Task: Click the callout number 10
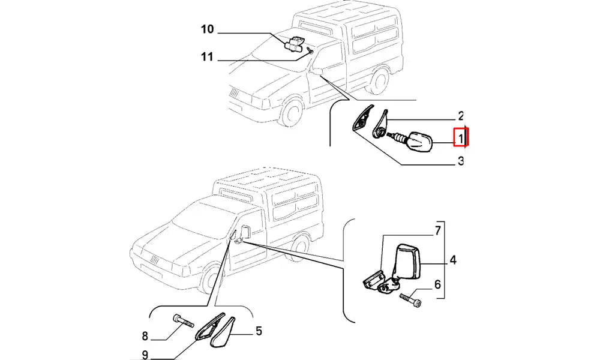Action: (207, 29)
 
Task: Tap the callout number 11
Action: (207, 58)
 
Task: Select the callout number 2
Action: (460, 116)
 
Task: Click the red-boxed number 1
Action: (461, 138)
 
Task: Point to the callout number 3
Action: (460, 161)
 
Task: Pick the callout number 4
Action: (453, 260)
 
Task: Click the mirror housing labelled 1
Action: (419, 142)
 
